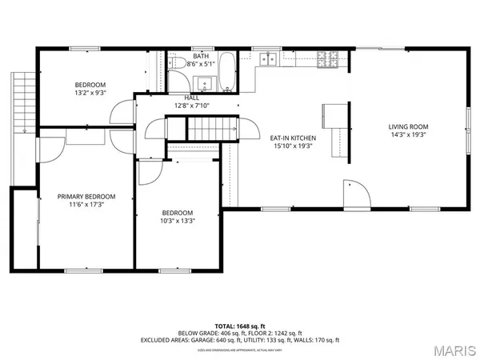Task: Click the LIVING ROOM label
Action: pyautogui.click(x=409, y=126)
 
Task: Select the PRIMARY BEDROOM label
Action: pyautogui.click(x=86, y=196)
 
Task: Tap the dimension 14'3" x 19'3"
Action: pyautogui.click(x=409, y=135)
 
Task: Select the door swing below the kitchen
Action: pyautogui.click(x=355, y=193)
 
